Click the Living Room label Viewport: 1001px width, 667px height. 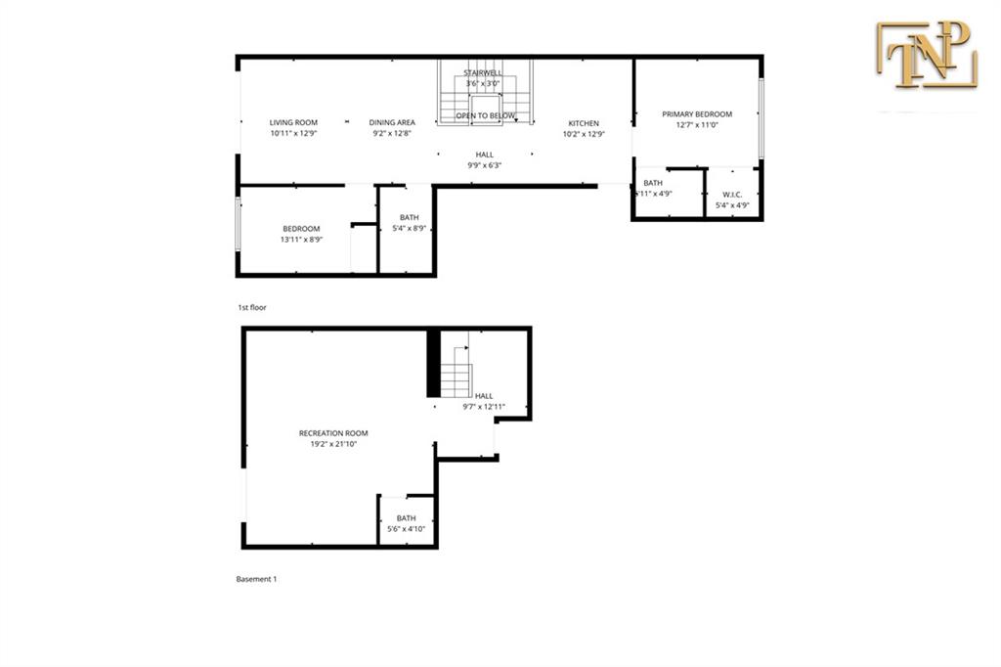tap(293, 123)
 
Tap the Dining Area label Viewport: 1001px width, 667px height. tap(392, 123)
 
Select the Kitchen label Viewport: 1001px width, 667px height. tap(584, 123)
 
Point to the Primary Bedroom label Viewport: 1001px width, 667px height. tap(696, 114)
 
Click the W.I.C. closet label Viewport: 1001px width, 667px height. tap(732, 196)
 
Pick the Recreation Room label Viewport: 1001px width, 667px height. tap(333, 433)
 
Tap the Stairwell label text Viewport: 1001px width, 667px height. tap(484, 73)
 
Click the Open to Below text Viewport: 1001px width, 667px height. tap(486, 116)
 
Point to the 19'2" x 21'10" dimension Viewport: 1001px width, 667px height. tap(333, 444)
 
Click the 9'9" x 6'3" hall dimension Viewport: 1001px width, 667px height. tap(485, 165)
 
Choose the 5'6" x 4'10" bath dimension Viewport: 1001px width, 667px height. tap(406, 529)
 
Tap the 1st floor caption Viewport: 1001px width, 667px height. tap(251, 307)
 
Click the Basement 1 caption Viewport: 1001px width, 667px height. tap(256, 579)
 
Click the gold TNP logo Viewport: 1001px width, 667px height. tap(925, 56)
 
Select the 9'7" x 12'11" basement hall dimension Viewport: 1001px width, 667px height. tap(484, 407)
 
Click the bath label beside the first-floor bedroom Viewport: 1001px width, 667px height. tap(410, 218)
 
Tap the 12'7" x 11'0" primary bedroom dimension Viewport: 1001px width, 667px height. tap(696, 125)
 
